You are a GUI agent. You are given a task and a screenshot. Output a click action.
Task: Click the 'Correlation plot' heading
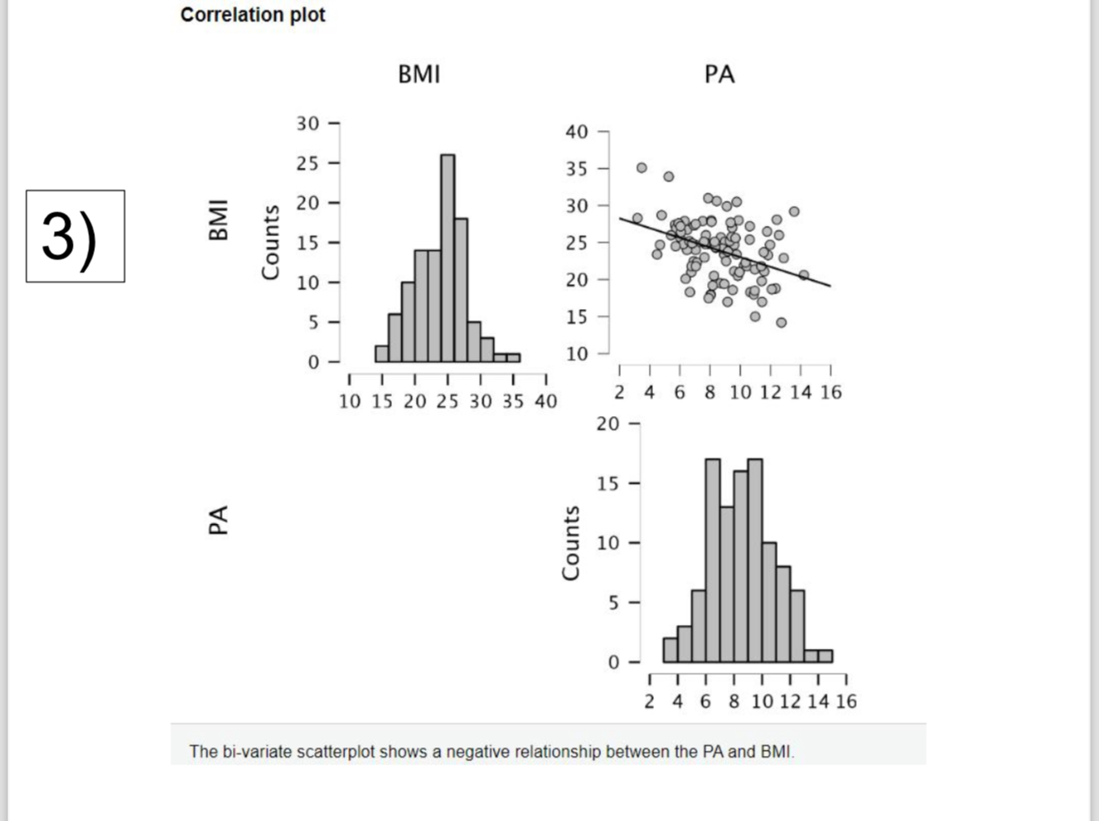tap(252, 15)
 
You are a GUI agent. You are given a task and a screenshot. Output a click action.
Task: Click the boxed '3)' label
tap(75, 236)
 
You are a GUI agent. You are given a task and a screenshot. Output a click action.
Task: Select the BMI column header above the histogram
tap(419, 74)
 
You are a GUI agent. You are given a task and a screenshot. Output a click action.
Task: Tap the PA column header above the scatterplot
tap(719, 74)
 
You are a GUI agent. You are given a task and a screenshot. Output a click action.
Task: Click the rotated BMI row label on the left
tap(219, 219)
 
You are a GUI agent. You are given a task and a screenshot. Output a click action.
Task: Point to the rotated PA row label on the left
tap(219, 521)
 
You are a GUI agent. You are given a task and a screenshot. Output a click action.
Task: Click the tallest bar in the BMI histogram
tap(448, 257)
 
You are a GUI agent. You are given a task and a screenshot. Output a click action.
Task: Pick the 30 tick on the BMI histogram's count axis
tap(307, 123)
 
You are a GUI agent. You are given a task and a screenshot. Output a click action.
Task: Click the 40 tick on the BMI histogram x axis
tap(545, 402)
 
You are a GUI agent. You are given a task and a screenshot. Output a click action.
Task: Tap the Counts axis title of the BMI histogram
tap(270, 242)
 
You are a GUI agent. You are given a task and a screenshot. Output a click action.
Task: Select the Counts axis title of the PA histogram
tap(570, 543)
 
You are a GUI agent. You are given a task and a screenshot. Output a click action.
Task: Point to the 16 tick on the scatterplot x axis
tap(830, 392)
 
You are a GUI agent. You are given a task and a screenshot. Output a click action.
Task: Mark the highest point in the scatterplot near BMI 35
tap(642, 168)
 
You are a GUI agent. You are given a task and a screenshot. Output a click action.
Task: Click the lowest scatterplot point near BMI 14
tap(781, 323)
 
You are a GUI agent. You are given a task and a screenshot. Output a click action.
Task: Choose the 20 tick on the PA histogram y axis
tap(607, 424)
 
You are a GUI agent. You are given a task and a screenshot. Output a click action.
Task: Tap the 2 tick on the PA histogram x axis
tap(650, 702)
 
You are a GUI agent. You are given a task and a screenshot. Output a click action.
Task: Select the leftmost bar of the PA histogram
tap(670, 650)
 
